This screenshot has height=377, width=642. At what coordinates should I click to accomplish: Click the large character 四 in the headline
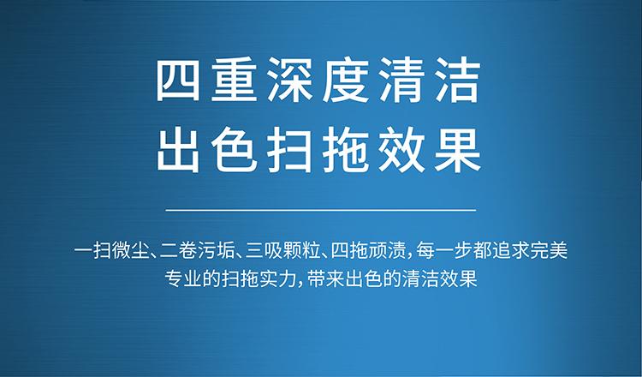coord(178,81)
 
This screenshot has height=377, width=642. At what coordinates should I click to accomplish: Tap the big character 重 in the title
coord(234,81)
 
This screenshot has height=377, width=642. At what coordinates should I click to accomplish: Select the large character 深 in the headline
coord(289,81)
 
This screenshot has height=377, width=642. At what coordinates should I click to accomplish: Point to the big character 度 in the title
coord(346,81)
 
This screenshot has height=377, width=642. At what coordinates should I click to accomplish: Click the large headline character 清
coord(401,81)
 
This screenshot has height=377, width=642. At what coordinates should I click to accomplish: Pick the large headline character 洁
coord(457,81)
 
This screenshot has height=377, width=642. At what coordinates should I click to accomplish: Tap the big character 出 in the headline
coord(178,150)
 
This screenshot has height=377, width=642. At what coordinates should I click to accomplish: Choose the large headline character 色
coord(234,150)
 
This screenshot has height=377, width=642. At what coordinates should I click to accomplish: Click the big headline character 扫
coord(289,150)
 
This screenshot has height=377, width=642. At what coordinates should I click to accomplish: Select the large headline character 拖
coord(346,150)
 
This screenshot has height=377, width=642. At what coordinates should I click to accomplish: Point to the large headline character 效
coord(401,150)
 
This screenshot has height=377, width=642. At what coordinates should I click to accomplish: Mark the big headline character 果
coord(457,150)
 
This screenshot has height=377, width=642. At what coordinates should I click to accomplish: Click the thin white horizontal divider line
coord(321,210)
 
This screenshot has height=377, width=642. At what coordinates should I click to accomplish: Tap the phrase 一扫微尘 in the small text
coord(111,251)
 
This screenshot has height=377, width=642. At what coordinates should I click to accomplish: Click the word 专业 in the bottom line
coord(183,278)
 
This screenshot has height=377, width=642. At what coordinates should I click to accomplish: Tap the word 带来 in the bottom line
coord(326,278)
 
